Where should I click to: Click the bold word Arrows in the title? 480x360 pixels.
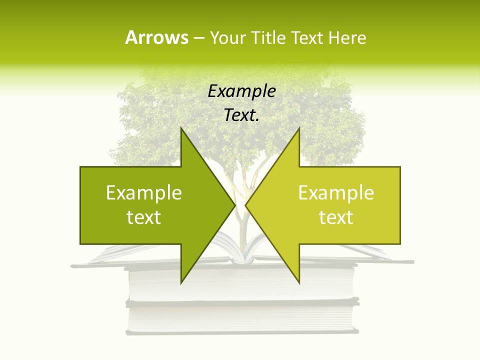(156, 37)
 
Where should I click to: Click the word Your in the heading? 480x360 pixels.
(227, 37)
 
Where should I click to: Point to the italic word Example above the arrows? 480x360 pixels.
(241, 91)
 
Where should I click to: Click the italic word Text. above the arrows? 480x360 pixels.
(241, 115)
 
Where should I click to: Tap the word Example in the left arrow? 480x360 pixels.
(144, 193)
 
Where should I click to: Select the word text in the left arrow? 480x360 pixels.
(144, 217)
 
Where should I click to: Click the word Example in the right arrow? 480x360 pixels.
(336, 193)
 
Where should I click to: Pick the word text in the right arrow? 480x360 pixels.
(336, 217)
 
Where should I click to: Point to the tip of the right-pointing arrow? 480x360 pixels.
(235, 205)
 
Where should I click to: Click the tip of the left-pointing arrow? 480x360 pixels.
(245, 205)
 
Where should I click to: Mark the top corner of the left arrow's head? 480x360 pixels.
(181, 128)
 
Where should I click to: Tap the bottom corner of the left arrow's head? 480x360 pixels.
(181, 283)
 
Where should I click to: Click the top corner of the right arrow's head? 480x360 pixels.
(299, 128)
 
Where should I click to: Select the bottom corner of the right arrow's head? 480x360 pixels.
(299, 283)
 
